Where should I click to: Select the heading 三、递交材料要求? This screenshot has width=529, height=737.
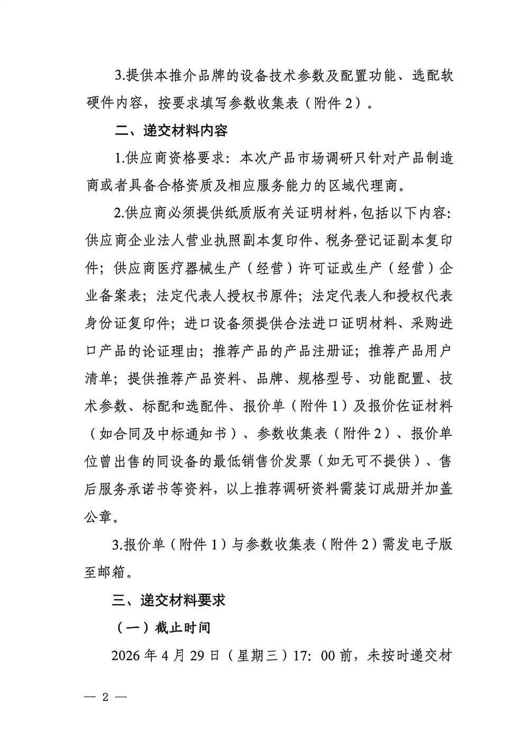pos(169,600)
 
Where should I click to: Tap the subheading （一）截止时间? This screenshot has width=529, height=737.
pos(163,627)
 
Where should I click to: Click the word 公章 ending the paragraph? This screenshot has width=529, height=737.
pos(98,517)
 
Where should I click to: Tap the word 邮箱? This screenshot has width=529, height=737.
pos(113,572)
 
